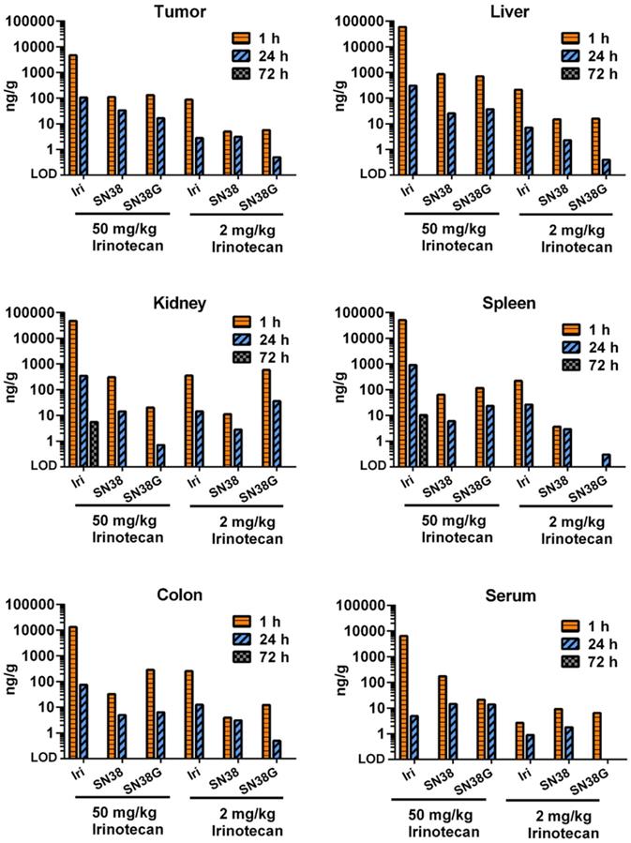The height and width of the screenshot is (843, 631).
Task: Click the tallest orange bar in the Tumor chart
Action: click(x=73, y=113)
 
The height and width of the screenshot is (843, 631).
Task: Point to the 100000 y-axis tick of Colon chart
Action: click(x=34, y=605)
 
